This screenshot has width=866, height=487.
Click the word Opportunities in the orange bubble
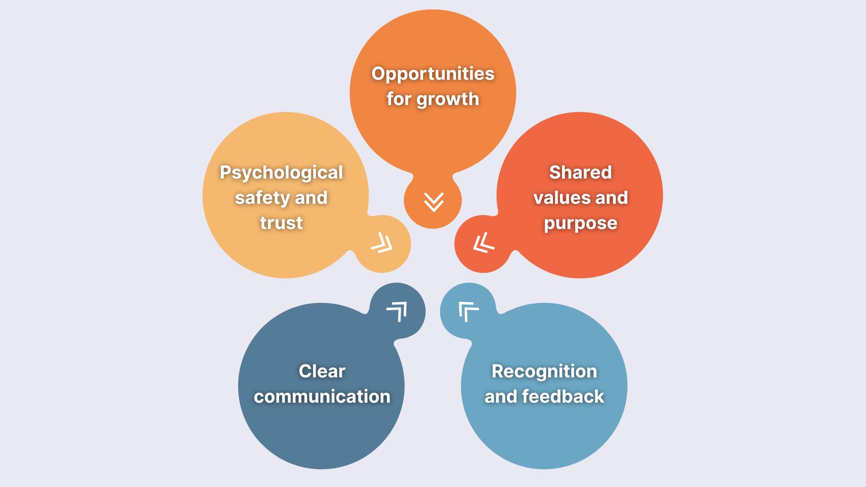tap(433, 74)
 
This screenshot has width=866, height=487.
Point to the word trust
tap(281, 223)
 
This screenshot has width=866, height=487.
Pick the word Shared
tap(580, 173)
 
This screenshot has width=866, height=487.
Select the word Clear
tap(322, 372)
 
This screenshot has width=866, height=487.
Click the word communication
tap(322, 397)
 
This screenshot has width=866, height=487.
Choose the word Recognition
tap(544, 372)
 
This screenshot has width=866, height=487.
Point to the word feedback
tap(562, 397)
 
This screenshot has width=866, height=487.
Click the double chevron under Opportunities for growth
tap(433, 202)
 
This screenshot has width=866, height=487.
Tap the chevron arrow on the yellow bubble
tap(382, 243)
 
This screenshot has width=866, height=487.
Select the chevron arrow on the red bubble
tap(484, 243)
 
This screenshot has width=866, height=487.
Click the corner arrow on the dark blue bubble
tap(397, 311)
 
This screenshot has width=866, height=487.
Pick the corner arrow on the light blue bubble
tap(468, 311)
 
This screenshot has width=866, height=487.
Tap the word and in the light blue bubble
tap(501, 397)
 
